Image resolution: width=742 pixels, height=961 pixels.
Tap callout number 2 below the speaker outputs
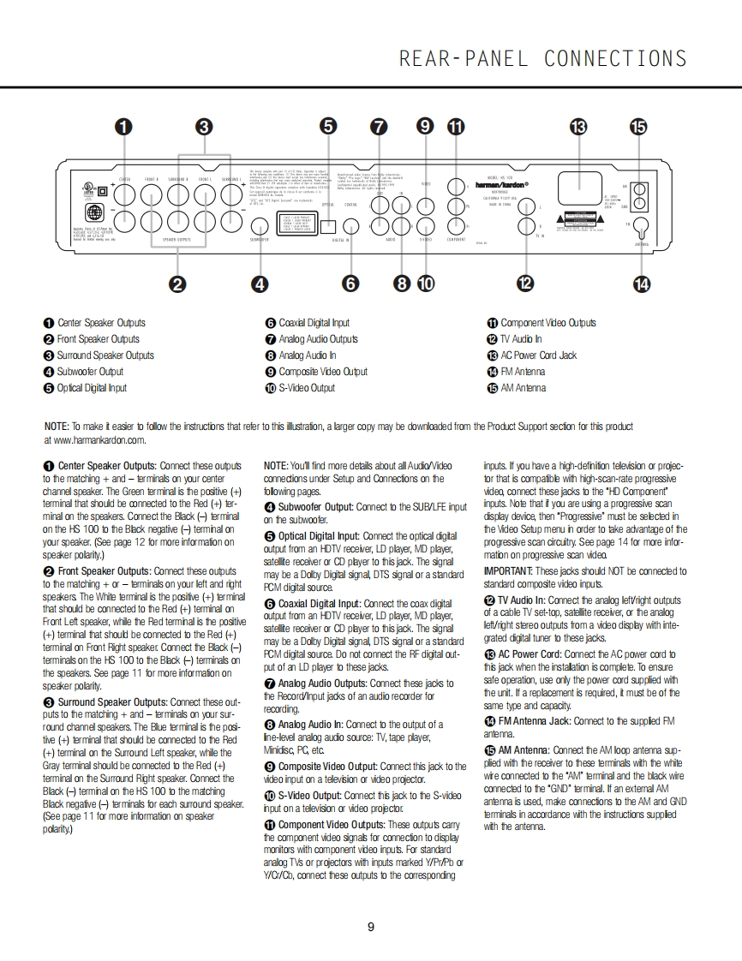pos(177,284)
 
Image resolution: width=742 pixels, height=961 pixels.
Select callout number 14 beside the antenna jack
pos(641,284)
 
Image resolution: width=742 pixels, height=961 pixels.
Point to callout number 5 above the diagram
pos(328,127)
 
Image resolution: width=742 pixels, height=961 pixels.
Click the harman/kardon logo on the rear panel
pos(502,183)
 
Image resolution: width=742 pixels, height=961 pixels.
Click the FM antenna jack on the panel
pos(639,226)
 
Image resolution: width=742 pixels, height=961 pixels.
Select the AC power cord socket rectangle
pos(572,192)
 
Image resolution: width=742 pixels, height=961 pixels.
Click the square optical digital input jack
pos(329,226)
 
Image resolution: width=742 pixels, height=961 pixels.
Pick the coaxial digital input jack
pos(351,226)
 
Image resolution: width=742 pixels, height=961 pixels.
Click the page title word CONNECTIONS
pos(615,58)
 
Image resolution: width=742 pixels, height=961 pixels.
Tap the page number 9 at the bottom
pos(370,927)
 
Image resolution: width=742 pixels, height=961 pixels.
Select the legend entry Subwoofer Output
pos(90,372)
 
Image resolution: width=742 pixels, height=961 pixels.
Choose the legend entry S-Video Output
pos(306,388)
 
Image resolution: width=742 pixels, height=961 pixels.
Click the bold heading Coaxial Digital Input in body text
pos(319,604)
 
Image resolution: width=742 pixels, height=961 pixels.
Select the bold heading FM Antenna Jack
pos(536,722)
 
